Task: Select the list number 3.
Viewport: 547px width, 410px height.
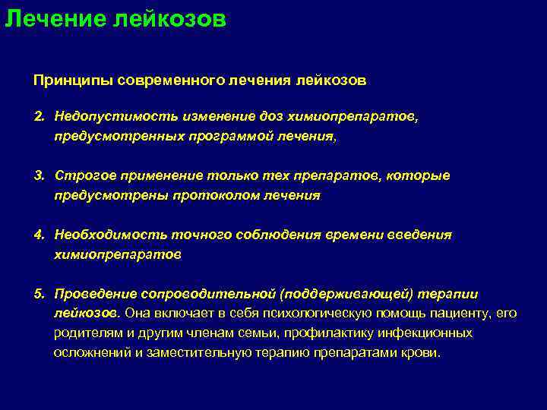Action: [38, 175]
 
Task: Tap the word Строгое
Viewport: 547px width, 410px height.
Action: [80, 175]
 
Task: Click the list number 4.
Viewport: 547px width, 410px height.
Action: [38, 235]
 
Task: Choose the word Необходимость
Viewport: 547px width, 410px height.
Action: [100, 235]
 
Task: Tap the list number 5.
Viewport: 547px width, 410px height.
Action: [38, 293]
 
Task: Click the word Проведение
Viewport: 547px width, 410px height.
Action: [90, 293]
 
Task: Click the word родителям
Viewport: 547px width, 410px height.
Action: [84, 333]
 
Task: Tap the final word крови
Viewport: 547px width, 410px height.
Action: [426, 353]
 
